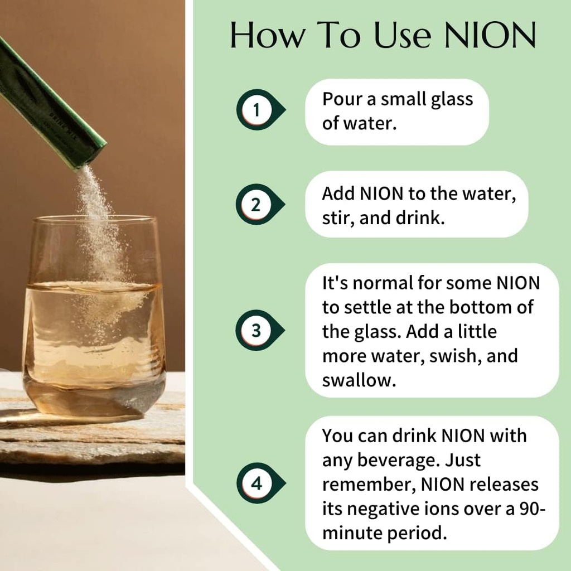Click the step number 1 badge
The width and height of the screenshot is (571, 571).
pos(257,110)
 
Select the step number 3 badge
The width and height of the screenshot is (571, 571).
pos(256,330)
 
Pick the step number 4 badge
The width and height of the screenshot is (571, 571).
pos(256,483)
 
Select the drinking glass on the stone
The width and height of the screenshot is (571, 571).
pos(94,318)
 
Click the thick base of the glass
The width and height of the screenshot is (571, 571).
pos(94,399)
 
